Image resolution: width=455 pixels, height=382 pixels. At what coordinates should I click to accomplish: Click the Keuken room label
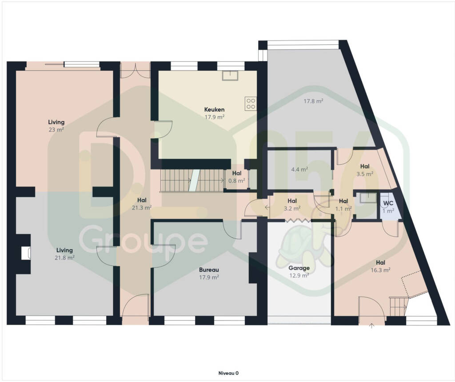point(214,109)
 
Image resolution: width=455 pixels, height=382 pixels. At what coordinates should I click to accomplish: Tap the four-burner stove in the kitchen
point(251,104)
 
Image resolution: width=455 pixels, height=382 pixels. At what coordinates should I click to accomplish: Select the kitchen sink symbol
point(230,75)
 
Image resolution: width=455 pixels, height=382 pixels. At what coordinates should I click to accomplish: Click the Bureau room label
point(209,270)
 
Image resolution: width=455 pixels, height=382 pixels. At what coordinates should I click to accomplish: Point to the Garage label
point(299,268)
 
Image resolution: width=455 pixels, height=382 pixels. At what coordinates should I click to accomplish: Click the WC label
point(388,203)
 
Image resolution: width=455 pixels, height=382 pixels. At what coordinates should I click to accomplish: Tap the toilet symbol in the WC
point(387,207)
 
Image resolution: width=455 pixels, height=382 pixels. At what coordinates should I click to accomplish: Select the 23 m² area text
point(56,129)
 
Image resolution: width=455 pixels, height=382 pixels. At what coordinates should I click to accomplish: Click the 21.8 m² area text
point(64,257)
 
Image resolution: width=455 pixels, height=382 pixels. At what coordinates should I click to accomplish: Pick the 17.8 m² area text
point(313,101)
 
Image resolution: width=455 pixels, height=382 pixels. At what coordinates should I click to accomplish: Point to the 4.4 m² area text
point(299,169)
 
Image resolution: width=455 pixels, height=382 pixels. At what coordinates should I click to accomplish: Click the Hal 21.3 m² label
point(142,204)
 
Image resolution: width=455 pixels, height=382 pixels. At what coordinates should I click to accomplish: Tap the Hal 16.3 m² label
point(380,266)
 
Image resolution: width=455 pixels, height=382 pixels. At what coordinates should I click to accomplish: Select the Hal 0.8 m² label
point(237,177)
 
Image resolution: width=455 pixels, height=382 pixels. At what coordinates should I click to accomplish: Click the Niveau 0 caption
point(228,373)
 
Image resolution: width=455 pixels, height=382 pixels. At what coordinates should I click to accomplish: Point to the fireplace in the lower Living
point(26,253)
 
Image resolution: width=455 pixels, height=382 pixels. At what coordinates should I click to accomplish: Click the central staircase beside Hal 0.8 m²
point(192,181)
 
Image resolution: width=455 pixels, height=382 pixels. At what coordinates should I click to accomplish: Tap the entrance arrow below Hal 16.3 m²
point(372,326)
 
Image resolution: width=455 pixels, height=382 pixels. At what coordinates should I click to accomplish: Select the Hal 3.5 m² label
point(365,170)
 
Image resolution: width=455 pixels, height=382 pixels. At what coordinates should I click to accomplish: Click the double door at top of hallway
point(135,71)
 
